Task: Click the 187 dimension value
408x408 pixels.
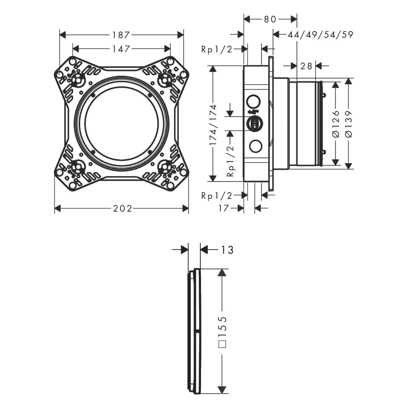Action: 121,35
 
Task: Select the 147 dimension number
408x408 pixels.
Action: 121,49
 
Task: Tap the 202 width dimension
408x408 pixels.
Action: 122,208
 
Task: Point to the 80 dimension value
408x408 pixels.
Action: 270,19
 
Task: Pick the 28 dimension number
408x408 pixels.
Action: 306,66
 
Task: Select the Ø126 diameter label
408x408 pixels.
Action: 336,124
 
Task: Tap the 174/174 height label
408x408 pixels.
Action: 213,125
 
